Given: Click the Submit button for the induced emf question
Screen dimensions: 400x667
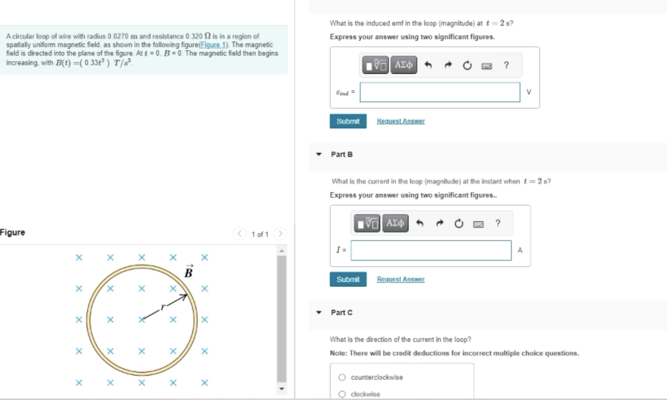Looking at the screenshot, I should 348,121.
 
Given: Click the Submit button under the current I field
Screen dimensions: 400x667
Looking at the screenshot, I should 348,279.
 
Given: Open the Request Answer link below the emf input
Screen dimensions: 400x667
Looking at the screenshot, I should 401,121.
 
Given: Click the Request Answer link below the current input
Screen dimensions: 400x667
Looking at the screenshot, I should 401,279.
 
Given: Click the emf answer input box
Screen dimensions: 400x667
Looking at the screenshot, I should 440,92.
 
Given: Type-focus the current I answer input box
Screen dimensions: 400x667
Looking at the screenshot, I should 431,250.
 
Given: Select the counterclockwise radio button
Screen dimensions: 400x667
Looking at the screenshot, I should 342,378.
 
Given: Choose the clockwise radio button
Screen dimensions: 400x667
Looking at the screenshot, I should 342,394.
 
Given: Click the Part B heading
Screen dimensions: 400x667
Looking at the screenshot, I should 342,154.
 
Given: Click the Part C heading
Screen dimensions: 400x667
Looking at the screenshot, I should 342,313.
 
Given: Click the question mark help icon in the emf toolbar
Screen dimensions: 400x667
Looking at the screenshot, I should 506,65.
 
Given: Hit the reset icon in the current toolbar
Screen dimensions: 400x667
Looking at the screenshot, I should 459,223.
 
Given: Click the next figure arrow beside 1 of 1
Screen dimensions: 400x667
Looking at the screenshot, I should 280,234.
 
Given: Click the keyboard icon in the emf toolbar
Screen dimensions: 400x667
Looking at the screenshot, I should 487,66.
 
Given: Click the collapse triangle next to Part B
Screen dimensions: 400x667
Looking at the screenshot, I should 319,154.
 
